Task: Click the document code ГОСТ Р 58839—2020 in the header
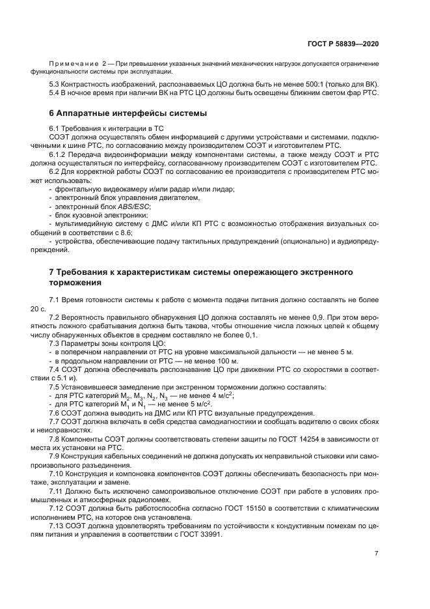[344, 44]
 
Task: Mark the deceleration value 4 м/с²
[221, 395]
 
